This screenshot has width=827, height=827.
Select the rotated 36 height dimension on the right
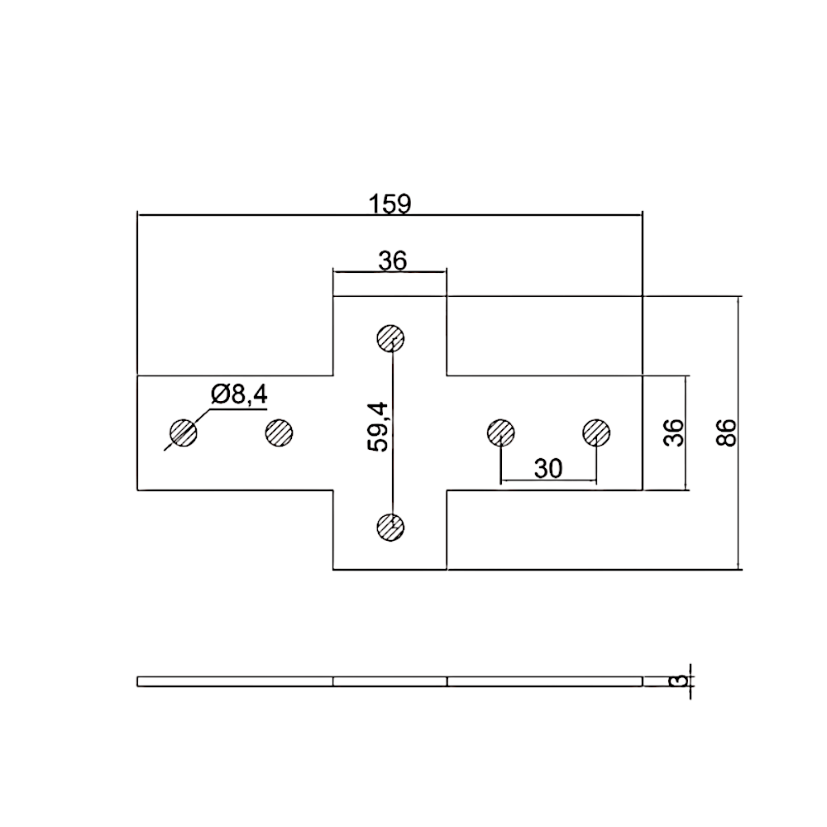[x=675, y=432]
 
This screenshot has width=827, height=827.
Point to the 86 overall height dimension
[x=726, y=432]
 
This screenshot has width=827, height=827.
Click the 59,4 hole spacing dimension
[x=380, y=427]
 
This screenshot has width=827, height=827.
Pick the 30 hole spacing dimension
[x=548, y=469]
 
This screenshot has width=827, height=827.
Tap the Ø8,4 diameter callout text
[x=239, y=395]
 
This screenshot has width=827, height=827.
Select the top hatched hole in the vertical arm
[x=390, y=337]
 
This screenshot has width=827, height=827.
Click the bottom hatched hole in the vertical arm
[x=390, y=527]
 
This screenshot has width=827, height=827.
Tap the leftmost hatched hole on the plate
[x=183, y=432]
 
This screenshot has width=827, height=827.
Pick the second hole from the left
[x=280, y=432]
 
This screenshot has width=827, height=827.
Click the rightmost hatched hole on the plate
[x=595, y=432]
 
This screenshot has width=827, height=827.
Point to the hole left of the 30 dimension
[x=500, y=432]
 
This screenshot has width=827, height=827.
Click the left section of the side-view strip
[x=235, y=681]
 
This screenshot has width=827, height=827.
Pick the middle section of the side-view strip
[x=390, y=681]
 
